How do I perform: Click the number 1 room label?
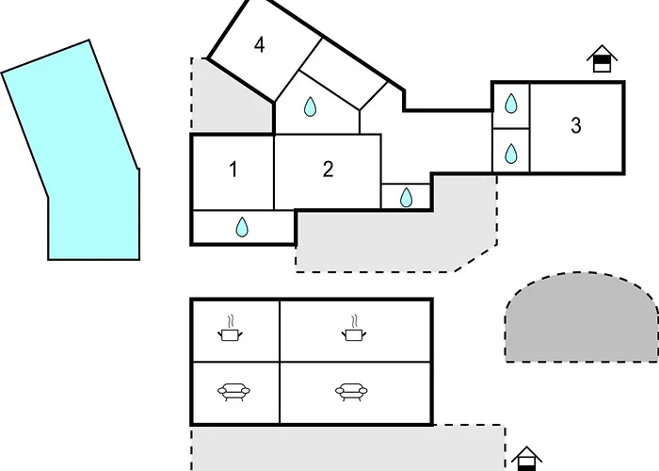(x=233, y=170)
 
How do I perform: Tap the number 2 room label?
(x=329, y=169)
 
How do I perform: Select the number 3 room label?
(x=576, y=125)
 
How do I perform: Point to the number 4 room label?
(x=259, y=45)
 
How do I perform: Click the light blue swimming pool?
(x=80, y=160)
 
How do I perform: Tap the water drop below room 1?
(x=242, y=227)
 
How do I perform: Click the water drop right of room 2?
(x=406, y=197)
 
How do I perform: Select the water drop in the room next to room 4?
(x=310, y=106)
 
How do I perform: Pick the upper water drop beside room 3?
(x=510, y=104)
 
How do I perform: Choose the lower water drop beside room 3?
(x=510, y=154)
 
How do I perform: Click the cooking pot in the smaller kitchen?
(x=230, y=329)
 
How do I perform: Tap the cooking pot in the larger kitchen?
(x=354, y=329)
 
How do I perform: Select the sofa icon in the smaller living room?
(x=233, y=392)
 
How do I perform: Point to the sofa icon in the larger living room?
(x=351, y=392)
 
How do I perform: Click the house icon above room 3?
(x=602, y=58)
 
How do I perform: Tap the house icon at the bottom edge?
(x=526, y=459)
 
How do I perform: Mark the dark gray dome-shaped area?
(x=582, y=318)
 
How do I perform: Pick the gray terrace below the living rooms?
(x=348, y=448)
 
